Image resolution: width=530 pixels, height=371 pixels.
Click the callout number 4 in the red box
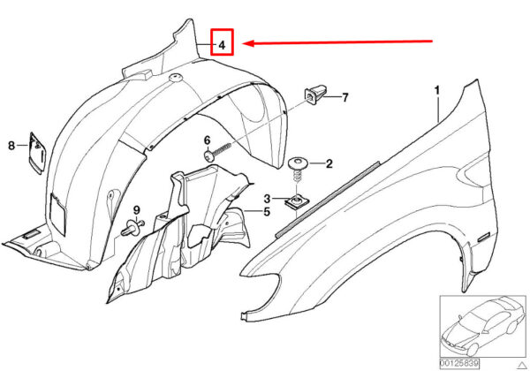[x=222, y=44]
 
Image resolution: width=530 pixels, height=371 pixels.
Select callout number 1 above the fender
[x=437, y=90]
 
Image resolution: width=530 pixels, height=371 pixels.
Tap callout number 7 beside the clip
[x=344, y=98]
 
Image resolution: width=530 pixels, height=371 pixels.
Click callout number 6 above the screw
[x=207, y=140]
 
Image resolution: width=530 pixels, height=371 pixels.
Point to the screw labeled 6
[x=217, y=152]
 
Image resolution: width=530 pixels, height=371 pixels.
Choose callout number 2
[x=329, y=164]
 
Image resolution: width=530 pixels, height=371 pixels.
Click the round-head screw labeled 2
[x=298, y=170]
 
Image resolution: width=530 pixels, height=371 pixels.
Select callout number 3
[x=267, y=199]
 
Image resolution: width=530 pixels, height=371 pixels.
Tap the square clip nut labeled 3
[x=298, y=202]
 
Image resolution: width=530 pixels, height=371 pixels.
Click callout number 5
[x=267, y=212]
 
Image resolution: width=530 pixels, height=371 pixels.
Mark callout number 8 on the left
[x=11, y=146]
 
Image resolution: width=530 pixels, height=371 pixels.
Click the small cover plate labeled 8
[x=36, y=153]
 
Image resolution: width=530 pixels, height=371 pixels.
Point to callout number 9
[x=136, y=210]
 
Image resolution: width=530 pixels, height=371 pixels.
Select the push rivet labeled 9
[x=132, y=228]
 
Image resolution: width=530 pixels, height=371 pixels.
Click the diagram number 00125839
[x=459, y=363]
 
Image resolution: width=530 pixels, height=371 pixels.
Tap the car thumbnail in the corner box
[x=481, y=326]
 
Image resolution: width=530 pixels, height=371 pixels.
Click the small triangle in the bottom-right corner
[x=523, y=365]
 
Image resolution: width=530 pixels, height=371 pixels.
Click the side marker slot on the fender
[x=486, y=236]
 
